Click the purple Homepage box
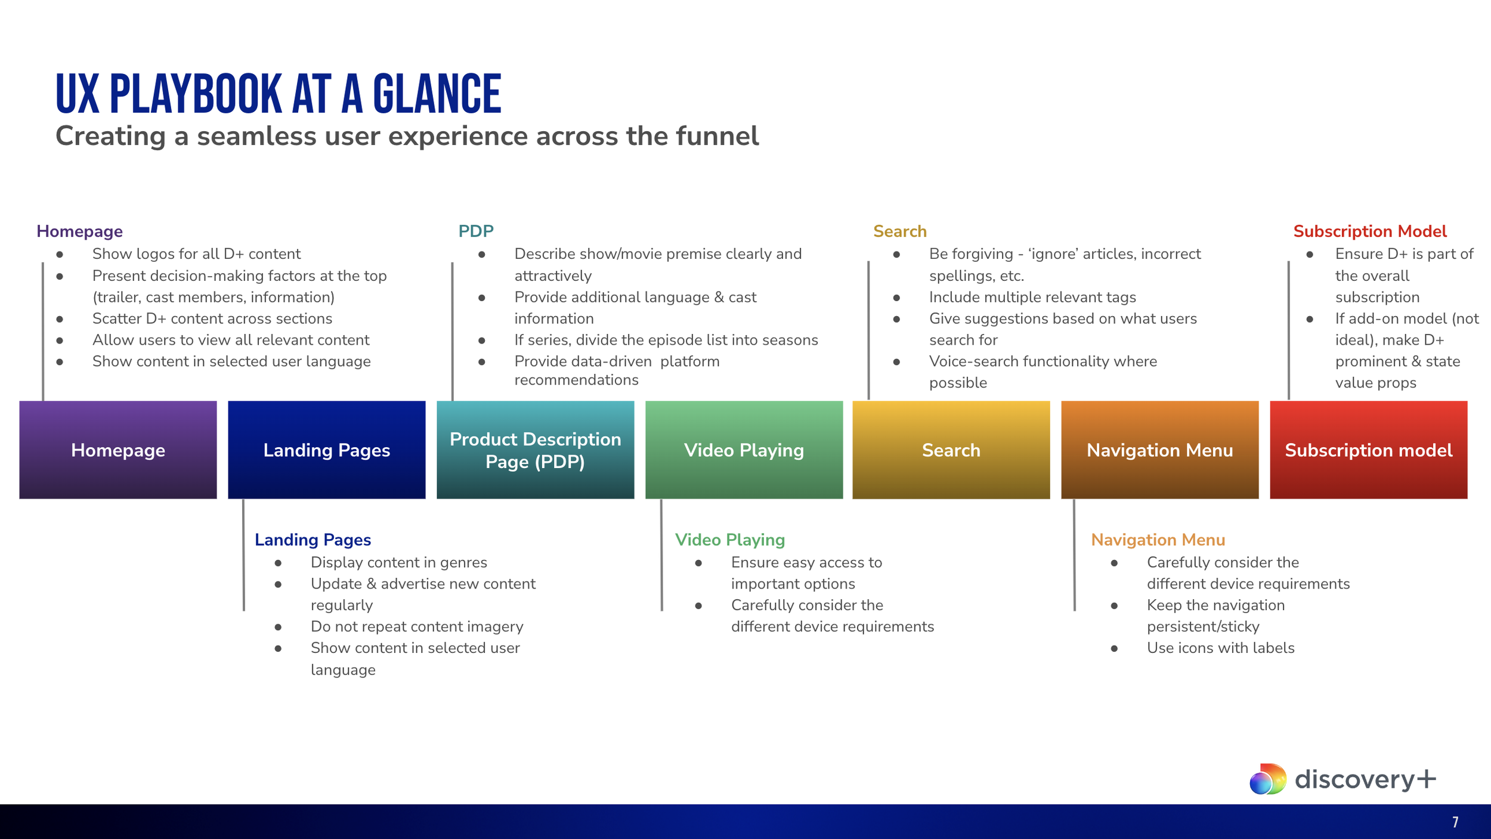[x=118, y=450]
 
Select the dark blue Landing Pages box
[x=327, y=450]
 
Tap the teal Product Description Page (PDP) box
[x=536, y=450]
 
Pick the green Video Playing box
[x=744, y=450]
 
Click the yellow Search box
[x=951, y=450]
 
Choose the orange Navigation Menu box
[x=1160, y=450]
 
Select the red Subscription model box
[x=1369, y=450]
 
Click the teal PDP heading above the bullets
[x=476, y=231]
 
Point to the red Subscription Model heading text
[x=1370, y=231]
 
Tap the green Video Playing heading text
[x=730, y=540]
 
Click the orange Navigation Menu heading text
[x=1158, y=540]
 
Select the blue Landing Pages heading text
[x=313, y=540]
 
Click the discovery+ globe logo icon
[x=1268, y=779]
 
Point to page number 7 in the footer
[x=1455, y=822]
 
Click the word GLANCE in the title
[x=437, y=94]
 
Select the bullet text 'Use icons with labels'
[x=1221, y=648]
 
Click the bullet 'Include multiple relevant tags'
[x=1032, y=298]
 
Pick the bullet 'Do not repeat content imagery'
[x=417, y=627]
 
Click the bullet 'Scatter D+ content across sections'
[x=212, y=319]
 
